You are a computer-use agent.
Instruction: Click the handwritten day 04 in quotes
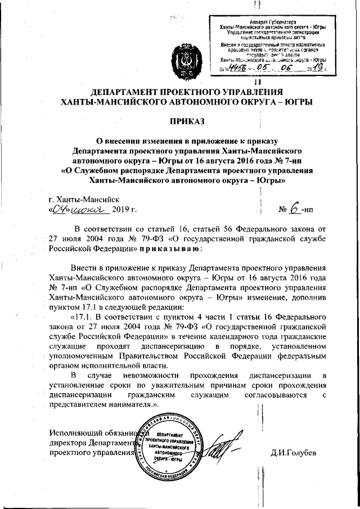(60, 210)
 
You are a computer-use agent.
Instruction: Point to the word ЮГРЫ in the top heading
(292, 102)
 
